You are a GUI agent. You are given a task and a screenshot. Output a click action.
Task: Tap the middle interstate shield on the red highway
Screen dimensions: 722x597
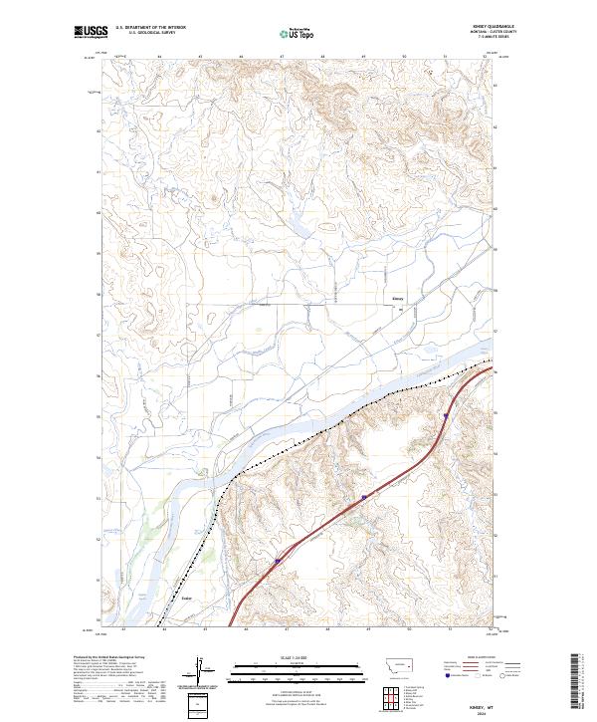pos(365,495)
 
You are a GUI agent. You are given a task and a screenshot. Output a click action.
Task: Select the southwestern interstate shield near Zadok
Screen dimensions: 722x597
pos(278,562)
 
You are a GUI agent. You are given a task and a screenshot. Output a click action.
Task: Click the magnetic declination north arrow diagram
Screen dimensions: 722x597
pos(201,671)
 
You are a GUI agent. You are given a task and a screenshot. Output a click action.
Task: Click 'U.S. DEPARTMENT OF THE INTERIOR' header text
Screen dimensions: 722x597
pos(150,28)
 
